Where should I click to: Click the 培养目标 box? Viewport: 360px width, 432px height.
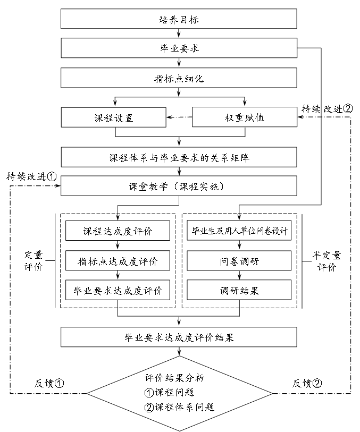pyautogui.click(x=179, y=20)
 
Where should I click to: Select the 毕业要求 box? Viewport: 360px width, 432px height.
pyautogui.click(x=179, y=49)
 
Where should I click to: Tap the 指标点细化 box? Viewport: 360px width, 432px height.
pyautogui.click(x=179, y=78)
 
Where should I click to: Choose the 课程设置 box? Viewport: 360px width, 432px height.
pyautogui.click(x=113, y=117)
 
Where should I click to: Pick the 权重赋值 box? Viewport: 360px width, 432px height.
pyautogui.click(x=244, y=117)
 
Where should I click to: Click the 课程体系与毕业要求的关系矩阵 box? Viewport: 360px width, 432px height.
pyautogui.click(x=179, y=158)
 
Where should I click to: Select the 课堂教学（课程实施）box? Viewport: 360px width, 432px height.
pyautogui.click(x=179, y=187)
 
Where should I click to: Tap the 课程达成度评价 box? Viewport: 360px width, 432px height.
pyautogui.click(x=118, y=231)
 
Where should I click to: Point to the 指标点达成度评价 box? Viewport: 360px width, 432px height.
pyautogui.click(x=118, y=261)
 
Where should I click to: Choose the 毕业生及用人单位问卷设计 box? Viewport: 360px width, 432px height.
pyautogui.click(x=239, y=231)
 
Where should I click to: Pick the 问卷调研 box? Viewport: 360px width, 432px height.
pyautogui.click(x=239, y=261)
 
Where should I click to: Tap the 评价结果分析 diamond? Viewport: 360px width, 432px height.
pyautogui.click(x=179, y=393)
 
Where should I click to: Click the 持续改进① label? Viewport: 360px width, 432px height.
pyautogui.click(x=31, y=176)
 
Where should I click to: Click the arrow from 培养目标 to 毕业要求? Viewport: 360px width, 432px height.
pyautogui.click(x=179, y=34)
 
